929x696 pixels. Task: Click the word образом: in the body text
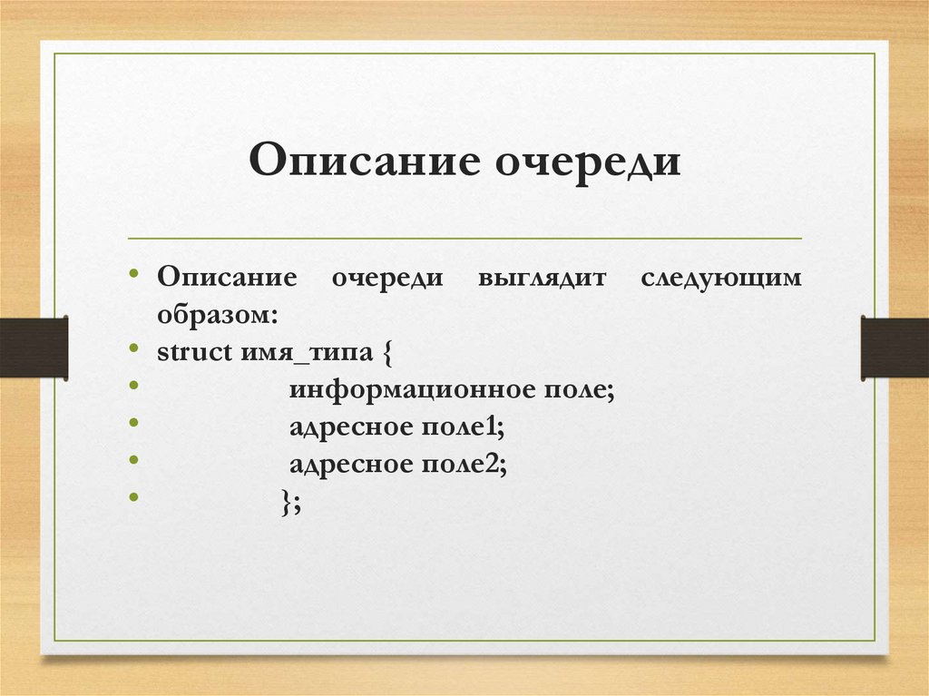point(217,315)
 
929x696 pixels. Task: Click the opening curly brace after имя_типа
point(387,353)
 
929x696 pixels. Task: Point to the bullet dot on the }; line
point(134,497)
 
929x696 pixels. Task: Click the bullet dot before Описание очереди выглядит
point(134,273)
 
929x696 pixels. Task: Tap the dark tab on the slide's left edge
point(34,348)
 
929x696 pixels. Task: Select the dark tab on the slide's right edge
point(895,348)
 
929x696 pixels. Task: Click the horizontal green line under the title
point(464,239)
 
